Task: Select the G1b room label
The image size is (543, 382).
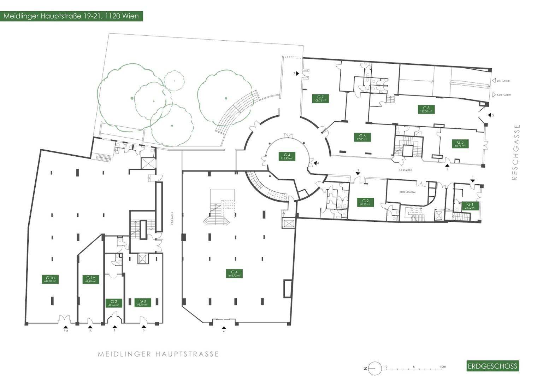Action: tap(90, 279)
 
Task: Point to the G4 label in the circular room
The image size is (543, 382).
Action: tap(287, 156)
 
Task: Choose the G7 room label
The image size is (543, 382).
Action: tap(320, 98)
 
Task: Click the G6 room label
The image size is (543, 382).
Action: tap(362, 137)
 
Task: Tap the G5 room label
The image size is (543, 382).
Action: tap(460, 144)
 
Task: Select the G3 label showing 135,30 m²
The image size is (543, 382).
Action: tap(426, 109)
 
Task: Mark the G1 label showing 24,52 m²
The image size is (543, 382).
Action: tap(470, 206)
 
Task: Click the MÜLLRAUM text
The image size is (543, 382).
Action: tap(407, 192)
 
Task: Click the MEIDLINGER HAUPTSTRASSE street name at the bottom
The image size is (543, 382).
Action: tap(158, 354)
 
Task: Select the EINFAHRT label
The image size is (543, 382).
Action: tap(503, 81)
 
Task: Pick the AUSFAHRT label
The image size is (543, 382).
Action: tap(503, 95)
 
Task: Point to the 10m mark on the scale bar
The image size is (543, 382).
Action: tap(442, 367)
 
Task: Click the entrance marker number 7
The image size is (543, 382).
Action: tap(294, 73)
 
